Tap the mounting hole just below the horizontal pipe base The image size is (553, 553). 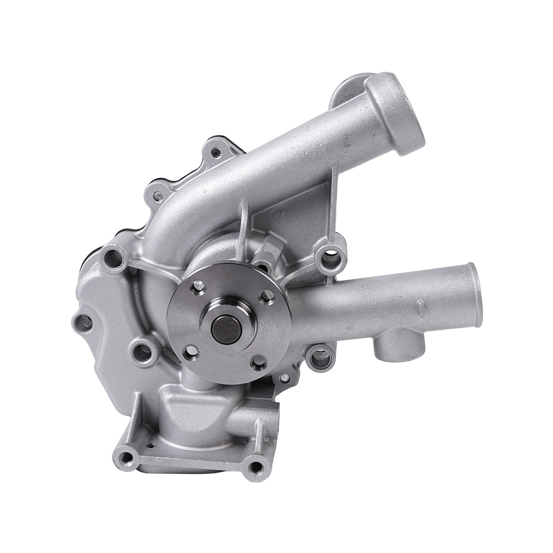tap(318, 356)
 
